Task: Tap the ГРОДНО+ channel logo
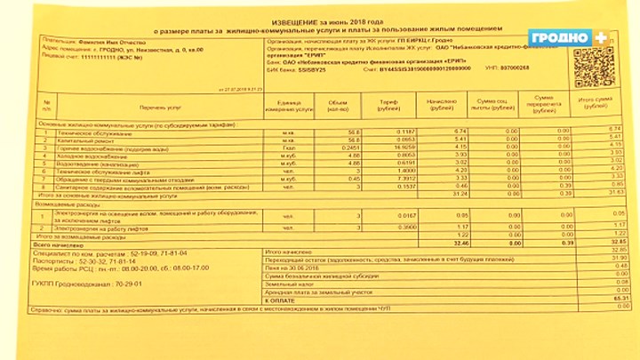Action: click(x=567, y=37)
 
